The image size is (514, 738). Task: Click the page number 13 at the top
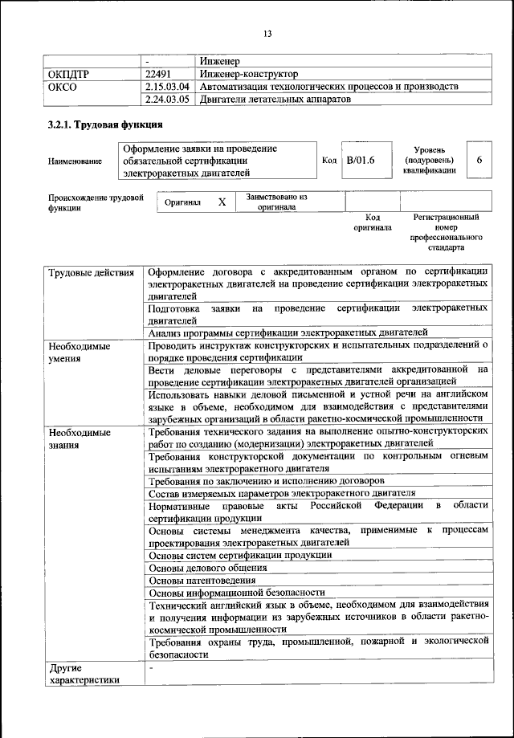click(267, 33)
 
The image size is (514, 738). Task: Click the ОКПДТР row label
click(69, 74)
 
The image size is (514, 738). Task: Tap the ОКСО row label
click(63, 87)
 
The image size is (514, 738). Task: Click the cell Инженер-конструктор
click(248, 74)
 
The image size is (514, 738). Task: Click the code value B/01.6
click(361, 161)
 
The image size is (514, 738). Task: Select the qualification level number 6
click(479, 161)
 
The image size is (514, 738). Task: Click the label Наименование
click(75, 161)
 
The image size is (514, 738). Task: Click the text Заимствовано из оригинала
click(276, 202)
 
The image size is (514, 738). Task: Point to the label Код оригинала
click(373, 222)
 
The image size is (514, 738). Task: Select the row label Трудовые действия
click(91, 273)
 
